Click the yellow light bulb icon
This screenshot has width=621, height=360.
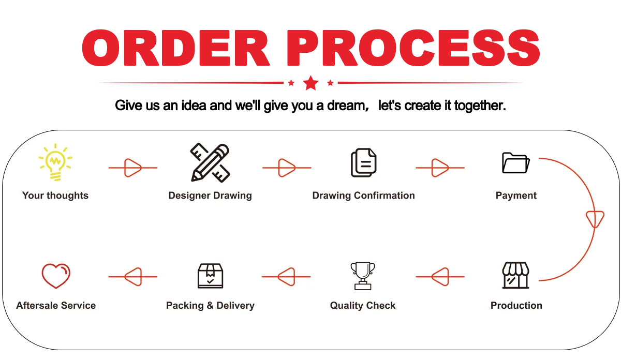click(55, 162)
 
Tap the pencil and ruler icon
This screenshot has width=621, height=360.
click(210, 162)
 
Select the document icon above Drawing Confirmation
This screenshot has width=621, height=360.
click(363, 162)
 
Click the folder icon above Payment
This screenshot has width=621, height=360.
click(516, 163)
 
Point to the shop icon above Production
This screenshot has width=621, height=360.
click(516, 275)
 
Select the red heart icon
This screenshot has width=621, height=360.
click(55, 276)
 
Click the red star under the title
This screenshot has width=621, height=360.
click(310, 83)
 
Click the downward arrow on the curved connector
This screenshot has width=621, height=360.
click(595, 219)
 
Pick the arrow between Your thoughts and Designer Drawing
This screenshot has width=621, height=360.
click(132, 168)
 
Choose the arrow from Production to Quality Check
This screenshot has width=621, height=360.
click(440, 277)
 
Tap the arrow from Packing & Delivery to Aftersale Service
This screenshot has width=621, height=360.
click(132, 277)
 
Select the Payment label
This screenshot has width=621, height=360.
click(516, 196)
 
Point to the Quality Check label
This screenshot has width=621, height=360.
click(363, 306)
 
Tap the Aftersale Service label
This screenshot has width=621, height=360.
click(56, 306)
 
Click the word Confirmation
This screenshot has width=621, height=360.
click(385, 196)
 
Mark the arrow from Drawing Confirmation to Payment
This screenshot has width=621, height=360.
click(440, 168)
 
